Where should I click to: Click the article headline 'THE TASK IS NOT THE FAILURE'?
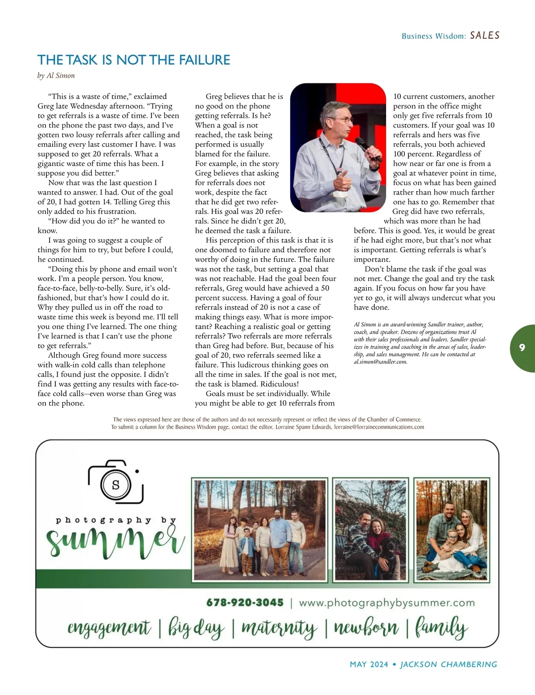134,60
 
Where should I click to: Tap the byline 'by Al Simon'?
56,75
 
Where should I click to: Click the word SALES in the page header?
485,35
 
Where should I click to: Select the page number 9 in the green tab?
522,348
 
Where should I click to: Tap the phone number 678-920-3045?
245,603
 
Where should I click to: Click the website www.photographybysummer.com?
387,603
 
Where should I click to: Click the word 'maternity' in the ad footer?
279,628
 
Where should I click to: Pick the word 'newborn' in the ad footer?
366,628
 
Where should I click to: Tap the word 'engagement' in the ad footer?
109,628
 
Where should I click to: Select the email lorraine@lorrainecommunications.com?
379,427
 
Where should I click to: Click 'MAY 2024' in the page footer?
369,664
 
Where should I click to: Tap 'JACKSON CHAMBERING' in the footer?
449,664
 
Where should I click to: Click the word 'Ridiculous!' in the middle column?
280,384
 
